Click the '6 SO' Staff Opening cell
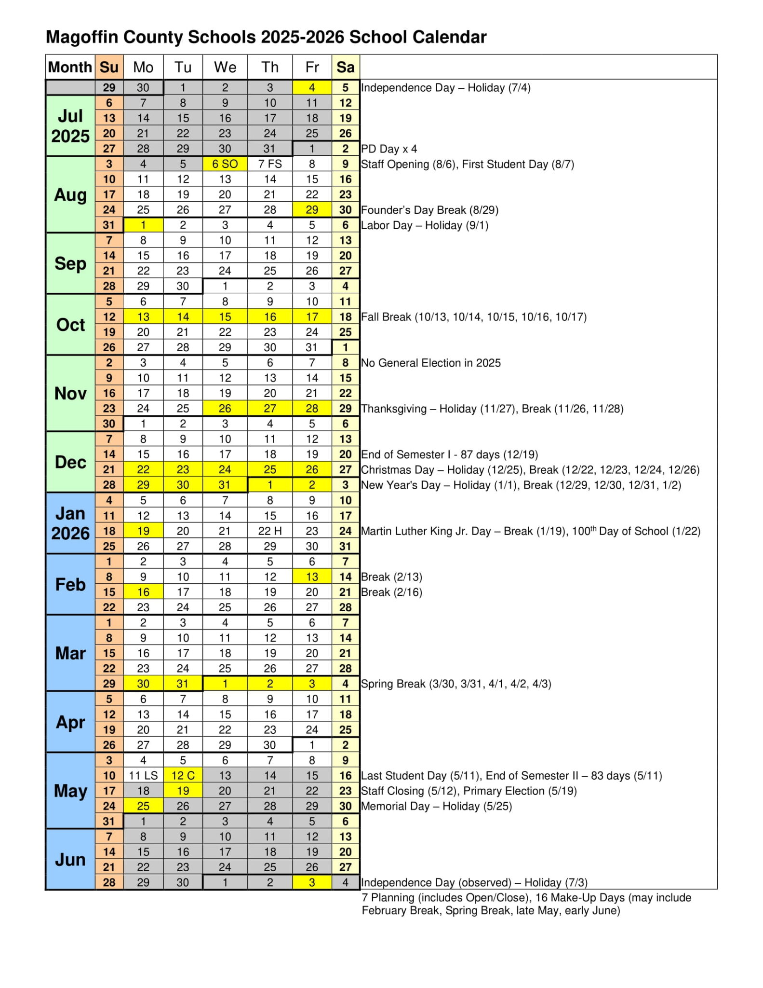pyautogui.click(x=225, y=164)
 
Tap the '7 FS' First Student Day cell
pyautogui.click(x=269, y=164)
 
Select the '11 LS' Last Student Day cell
pyautogui.click(x=143, y=775)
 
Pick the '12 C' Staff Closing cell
pyautogui.click(x=183, y=775)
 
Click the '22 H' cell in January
pyautogui.click(x=269, y=531)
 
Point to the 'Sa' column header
pyautogui.click(x=345, y=67)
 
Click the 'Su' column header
pyautogui.click(x=109, y=67)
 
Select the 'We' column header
pyautogui.click(x=225, y=67)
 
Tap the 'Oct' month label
pyautogui.click(x=70, y=325)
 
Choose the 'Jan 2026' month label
pyautogui.click(x=70, y=523)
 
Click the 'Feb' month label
pyautogui.click(x=70, y=584)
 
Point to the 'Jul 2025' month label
pyautogui.click(x=70, y=126)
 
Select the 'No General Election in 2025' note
pyautogui.click(x=430, y=363)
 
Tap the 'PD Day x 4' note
pyautogui.click(x=388, y=149)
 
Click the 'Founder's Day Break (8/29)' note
pyautogui.click(x=429, y=210)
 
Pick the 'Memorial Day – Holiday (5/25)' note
pyautogui.click(x=436, y=806)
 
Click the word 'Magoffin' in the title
pyautogui.click(x=81, y=37)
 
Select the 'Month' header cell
pyautogui.click(x=70, y=67)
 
